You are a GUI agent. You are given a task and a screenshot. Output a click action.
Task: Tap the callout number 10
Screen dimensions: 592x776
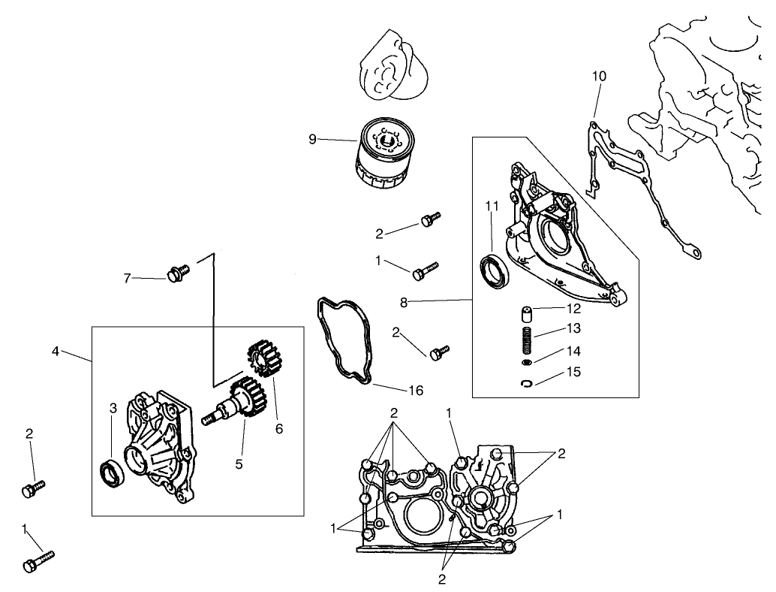599,76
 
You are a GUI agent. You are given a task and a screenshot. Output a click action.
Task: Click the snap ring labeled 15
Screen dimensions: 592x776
528,384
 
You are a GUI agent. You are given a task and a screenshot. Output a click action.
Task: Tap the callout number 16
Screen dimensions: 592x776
416,391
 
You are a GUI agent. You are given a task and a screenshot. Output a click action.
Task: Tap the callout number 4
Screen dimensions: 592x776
56,351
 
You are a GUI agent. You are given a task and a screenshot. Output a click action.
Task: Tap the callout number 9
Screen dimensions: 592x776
312,138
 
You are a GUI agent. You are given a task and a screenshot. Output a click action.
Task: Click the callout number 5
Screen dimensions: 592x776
239,464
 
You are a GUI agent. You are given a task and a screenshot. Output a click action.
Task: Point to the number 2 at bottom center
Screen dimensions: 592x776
442,578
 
